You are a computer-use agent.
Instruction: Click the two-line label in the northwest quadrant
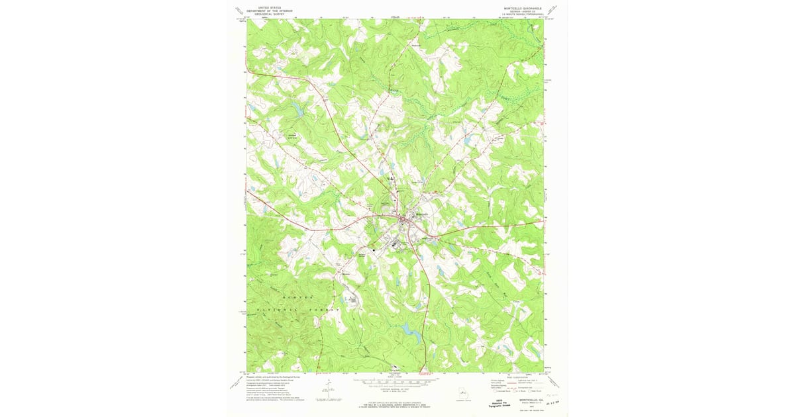pyautogui.click(x=291, y=136)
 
